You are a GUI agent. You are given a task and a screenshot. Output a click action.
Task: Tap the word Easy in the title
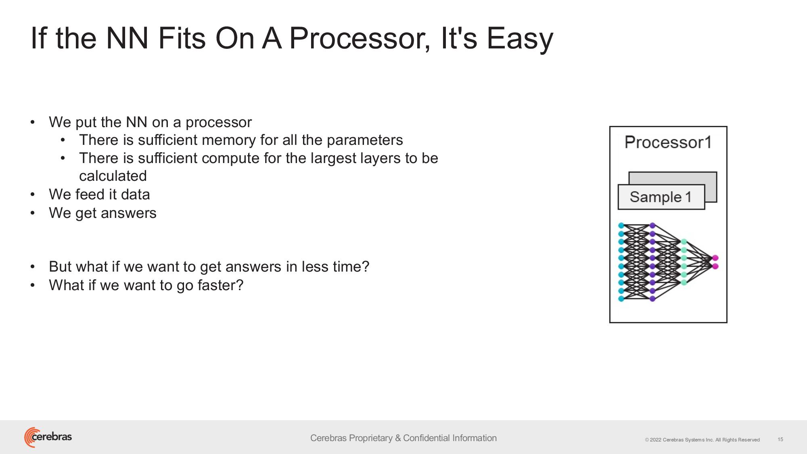click(x=520, y=39)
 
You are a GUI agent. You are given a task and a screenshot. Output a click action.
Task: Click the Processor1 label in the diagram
click(x=668, y=142)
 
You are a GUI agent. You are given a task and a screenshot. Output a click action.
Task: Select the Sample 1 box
click(x=661, y=197)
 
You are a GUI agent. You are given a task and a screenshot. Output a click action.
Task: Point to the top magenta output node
click(x=715, y=258)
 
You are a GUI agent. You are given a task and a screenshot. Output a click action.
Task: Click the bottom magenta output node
click(x=715, y=266)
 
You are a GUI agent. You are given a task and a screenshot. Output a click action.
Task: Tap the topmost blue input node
click(x=621, y=226)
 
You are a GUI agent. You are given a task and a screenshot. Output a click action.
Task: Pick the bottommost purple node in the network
click(x=652, y=299)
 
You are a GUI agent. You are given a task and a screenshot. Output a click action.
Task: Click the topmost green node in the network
click(x=684, y=242)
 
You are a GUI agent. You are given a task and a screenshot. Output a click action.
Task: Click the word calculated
click(x=113, y=176)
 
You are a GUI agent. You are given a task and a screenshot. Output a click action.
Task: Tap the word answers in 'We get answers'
click(x=128, y=213)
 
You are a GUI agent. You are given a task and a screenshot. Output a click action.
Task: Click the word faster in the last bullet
click(x=220, y=285)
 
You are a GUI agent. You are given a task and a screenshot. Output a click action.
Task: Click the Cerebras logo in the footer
click(x=48, y=437)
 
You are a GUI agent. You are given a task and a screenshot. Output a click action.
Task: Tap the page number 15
click(x=780, y=439)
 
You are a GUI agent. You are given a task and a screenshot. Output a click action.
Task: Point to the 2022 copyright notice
click(x=702, y=440)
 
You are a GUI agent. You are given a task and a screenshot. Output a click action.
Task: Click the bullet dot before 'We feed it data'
click(x=33, y=195)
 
